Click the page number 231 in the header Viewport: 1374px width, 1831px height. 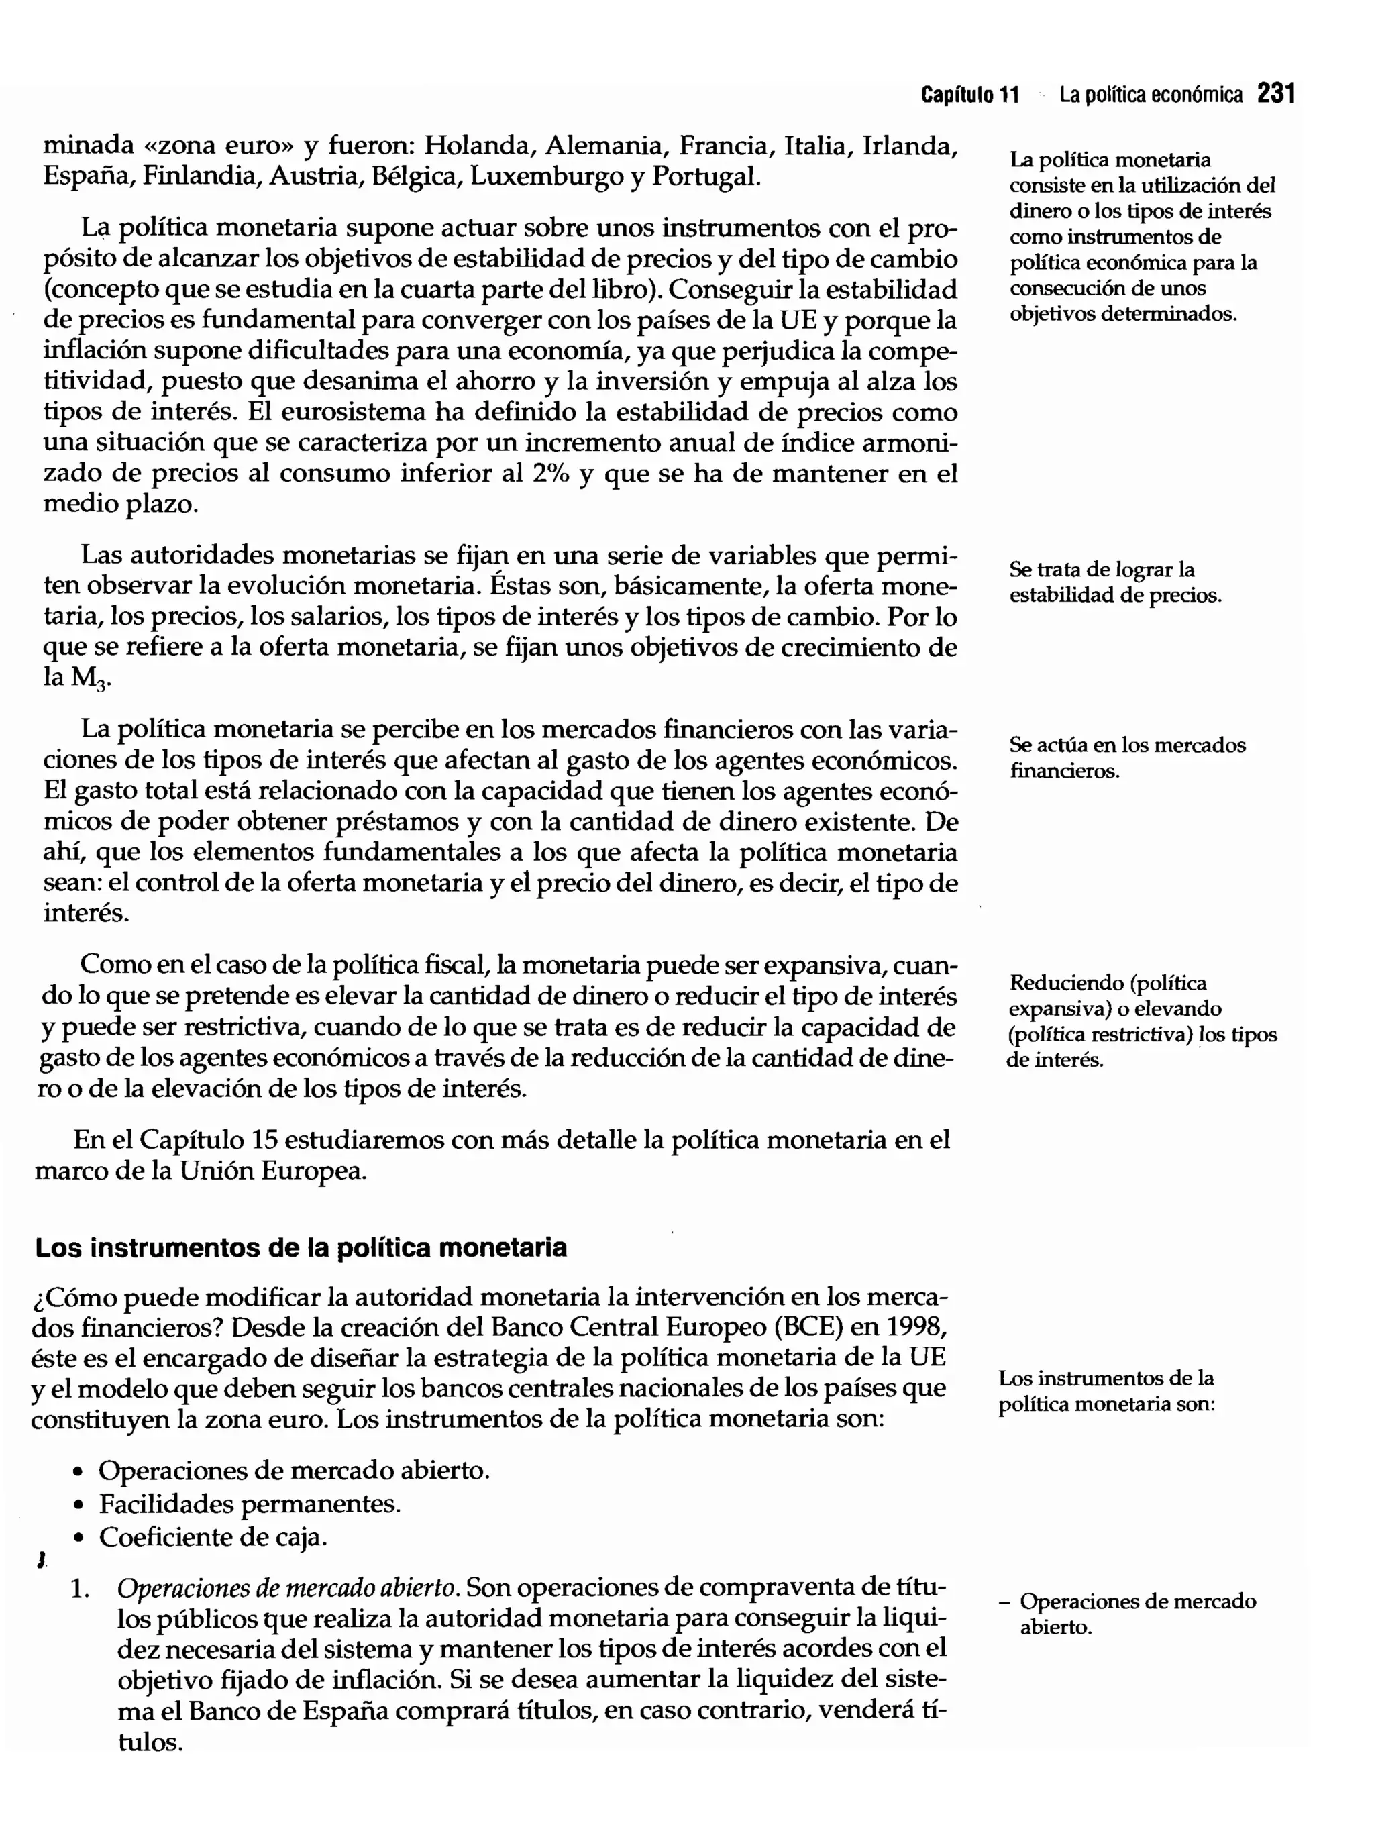pos(1275,95)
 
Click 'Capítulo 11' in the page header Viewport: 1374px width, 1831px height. pos(969,95)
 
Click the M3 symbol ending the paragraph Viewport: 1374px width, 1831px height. pos(89,679)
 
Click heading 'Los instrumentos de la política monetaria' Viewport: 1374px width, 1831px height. pos(301,1247)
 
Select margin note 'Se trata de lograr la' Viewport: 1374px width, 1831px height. pos(1101,570)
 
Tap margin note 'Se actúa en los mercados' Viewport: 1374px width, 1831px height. pos(1126,745)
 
